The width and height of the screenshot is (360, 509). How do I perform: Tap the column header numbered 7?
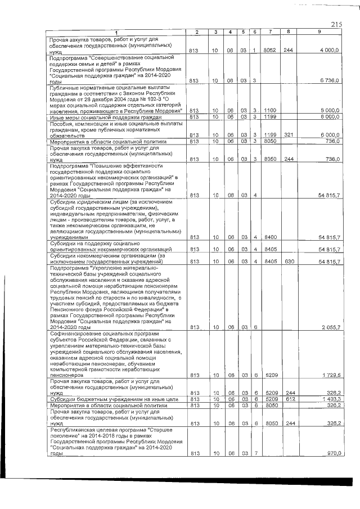[271, 31]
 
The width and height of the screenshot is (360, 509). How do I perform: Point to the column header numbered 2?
[193, 31]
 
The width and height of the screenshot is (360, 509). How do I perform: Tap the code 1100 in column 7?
[271, 110]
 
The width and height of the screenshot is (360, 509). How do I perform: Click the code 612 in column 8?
[289, 399]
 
